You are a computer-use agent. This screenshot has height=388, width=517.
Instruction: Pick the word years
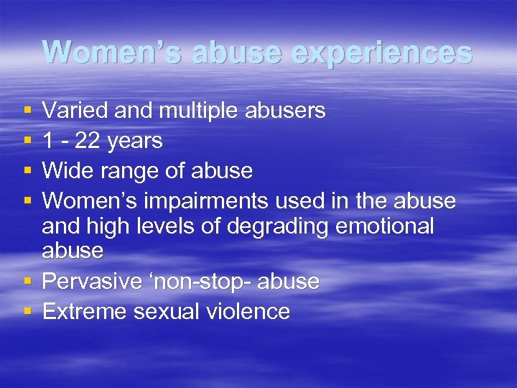pyautogui.click(x=134, y=141)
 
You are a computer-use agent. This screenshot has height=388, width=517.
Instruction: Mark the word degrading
pyautogui.click(x=274, y=226)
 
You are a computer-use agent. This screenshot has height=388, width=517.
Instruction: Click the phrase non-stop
pyautogui.click(x=198, y=282)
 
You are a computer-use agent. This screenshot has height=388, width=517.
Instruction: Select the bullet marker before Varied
pyautogui.click(x=27, y=111)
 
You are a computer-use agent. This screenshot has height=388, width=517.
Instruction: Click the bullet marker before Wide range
pyautogui.click(x=27, y=172)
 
